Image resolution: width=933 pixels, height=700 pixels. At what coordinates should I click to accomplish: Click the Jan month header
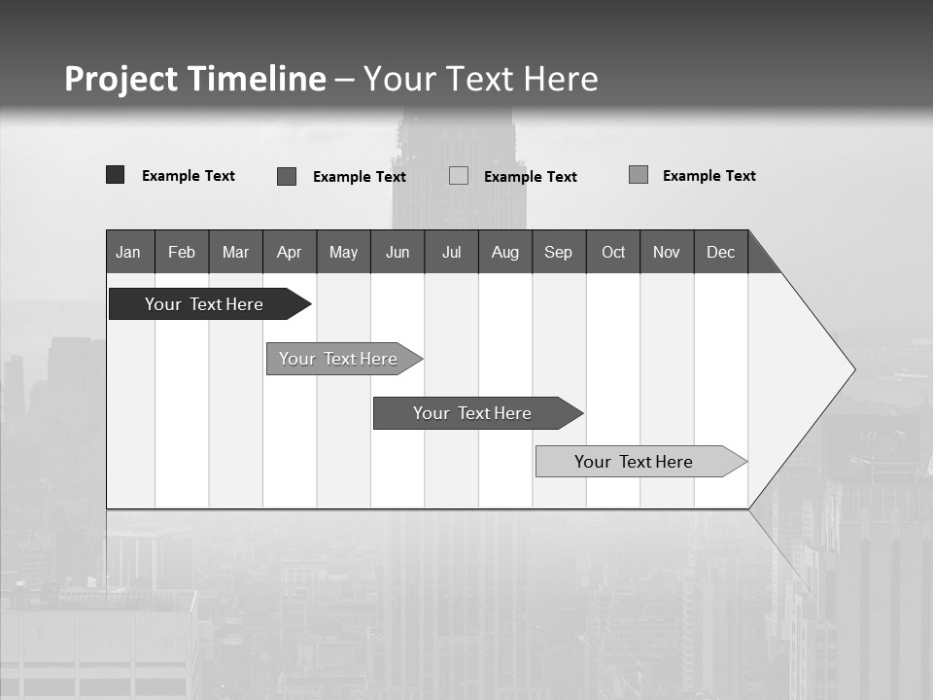coord(129,252)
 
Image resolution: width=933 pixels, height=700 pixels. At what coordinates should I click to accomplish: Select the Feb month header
coord(182,252)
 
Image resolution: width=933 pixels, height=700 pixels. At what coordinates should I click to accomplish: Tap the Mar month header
coord(235,252)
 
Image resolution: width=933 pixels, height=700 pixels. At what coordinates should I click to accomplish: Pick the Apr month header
coord(289,252)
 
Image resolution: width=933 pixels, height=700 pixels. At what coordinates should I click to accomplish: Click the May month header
coord(343,252)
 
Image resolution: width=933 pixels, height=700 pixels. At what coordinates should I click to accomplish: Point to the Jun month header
coord(397,252)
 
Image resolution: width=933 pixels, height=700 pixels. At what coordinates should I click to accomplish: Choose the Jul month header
coord(451,252)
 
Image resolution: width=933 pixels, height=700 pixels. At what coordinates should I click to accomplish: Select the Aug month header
coord(504,252)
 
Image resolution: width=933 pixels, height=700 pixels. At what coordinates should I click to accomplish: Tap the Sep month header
coord(558,252)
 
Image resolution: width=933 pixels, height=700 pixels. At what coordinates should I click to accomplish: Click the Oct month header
coord(613,252)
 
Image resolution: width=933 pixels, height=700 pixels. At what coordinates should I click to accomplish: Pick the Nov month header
coord(667,252)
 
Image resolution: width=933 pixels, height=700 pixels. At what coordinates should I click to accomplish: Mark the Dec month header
coord(720,252)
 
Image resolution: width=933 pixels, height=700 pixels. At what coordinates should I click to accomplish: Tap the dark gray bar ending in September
coord(473,413)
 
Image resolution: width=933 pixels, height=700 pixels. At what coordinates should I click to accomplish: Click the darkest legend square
coord(116,175)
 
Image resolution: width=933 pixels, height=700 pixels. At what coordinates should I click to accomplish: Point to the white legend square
coord(459,176)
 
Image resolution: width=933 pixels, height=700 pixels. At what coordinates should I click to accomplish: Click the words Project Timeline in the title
coord(195,79)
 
